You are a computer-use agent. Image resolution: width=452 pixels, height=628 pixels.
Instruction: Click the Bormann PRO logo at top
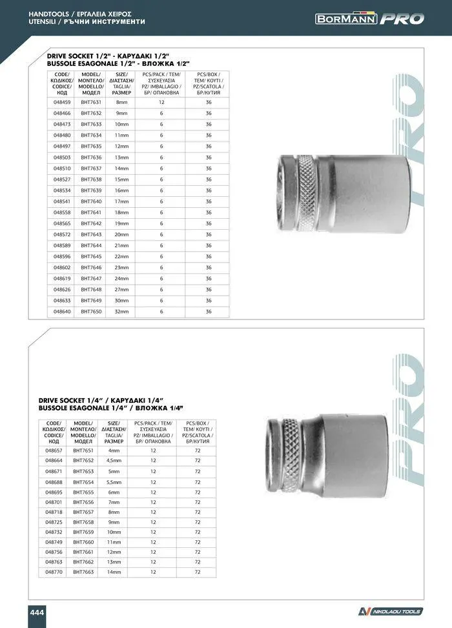[x=370, y=19]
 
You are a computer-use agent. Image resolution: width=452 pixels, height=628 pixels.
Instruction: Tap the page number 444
[x=37, y=611]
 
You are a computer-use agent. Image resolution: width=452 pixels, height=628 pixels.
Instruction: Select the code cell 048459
[x=62, y=102]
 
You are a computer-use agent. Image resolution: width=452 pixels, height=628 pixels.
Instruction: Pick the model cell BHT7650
[x=91, y=311]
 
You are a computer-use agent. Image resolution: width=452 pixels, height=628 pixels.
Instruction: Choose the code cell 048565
[x=62, y=223]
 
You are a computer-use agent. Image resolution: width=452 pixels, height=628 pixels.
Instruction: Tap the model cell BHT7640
[x=91, y=201]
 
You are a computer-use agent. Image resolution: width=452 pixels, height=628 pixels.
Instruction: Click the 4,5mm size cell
[x=114, y=460]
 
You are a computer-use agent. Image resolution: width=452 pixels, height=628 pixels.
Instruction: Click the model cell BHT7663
[x=83, y=572]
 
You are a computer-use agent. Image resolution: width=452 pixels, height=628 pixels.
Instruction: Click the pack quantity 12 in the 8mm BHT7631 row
[x=161, y=102]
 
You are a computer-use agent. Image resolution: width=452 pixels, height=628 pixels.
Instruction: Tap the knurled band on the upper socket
[x=307, y=192]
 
